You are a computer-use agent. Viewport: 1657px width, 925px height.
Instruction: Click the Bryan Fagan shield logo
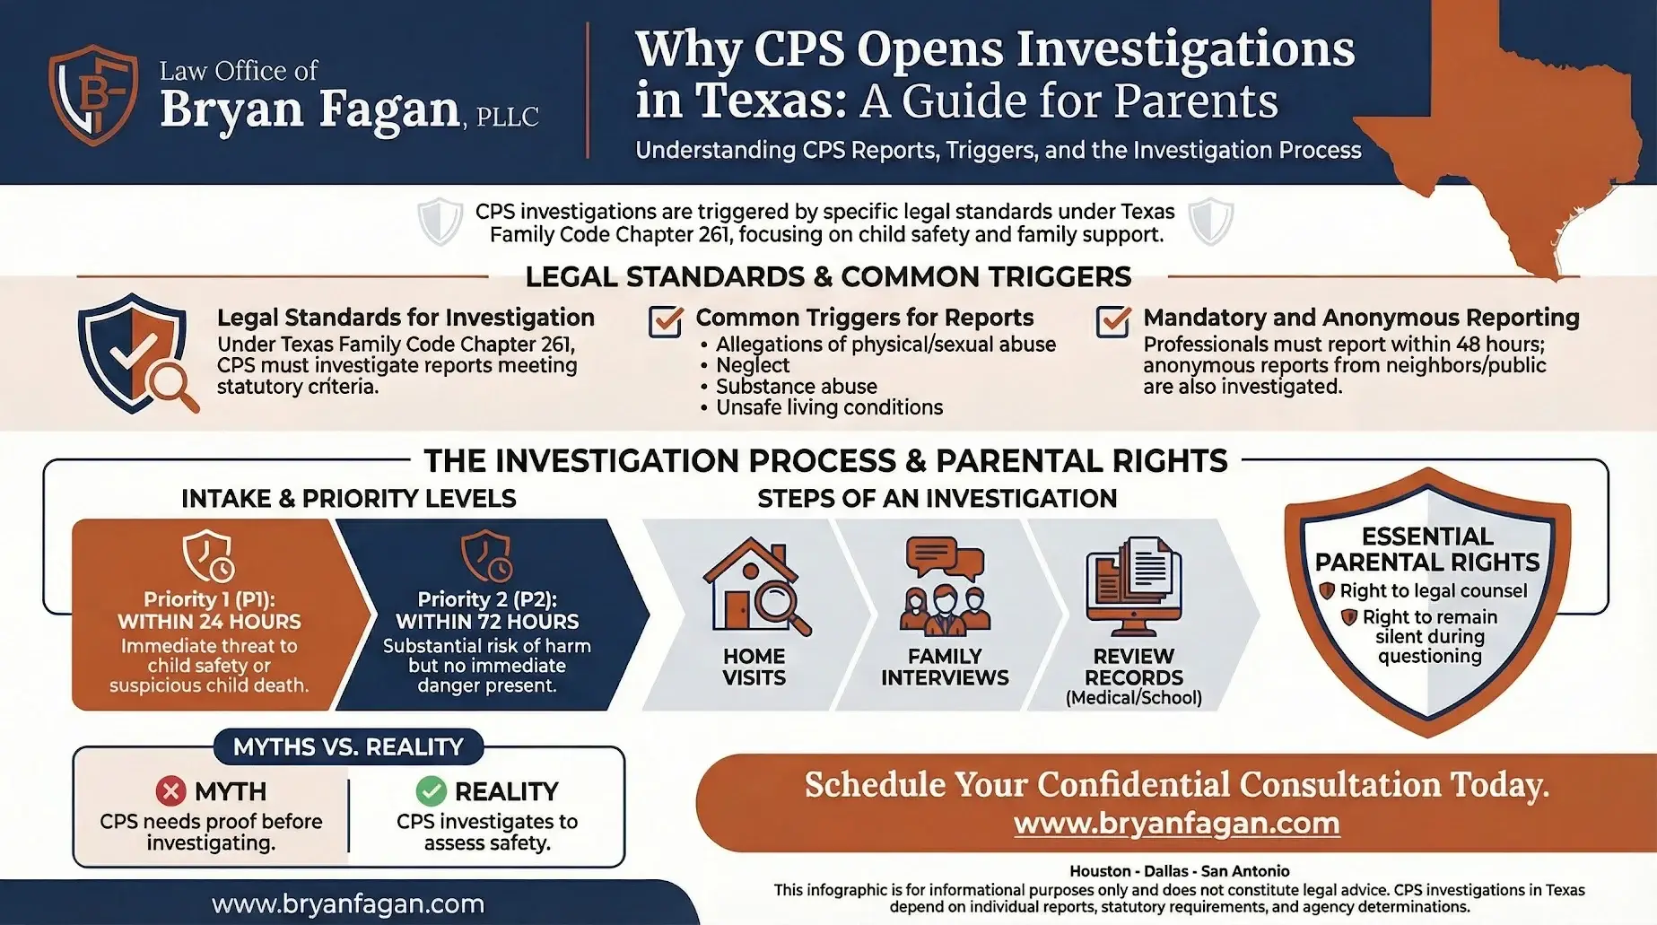(x=93, y=95)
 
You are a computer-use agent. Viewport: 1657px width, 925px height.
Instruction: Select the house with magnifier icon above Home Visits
(x=755, y=587)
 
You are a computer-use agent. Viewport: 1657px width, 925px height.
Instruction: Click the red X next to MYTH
(x=170, y=791)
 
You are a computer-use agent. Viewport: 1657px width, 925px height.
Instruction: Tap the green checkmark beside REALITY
(x=432, y=791)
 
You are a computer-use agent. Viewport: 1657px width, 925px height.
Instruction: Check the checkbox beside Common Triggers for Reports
(x=666, y=321)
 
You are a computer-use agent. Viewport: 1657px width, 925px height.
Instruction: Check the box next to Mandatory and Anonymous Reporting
(x=1113, y=321)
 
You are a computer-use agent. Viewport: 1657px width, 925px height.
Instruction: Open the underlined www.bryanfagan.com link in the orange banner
(x=1177, y=824)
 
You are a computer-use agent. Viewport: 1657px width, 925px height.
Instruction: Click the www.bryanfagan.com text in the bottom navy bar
(x=348, y=903)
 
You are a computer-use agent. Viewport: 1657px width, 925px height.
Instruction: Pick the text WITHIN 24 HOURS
(x=209, y=622)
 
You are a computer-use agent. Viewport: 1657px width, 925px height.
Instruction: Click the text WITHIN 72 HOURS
(x=487, y=622)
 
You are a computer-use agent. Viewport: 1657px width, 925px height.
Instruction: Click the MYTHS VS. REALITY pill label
(x=348, y=746)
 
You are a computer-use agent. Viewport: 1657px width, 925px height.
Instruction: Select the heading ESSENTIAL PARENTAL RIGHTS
(x=1427, y=549)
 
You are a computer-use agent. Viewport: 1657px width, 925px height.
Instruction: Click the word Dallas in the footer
(x=1165, y=871)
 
